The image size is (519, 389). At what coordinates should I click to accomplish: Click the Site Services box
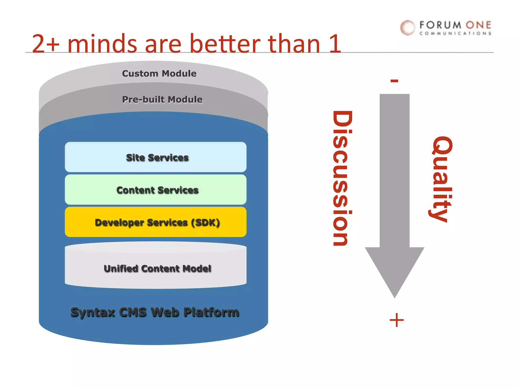click(x=156, y=157)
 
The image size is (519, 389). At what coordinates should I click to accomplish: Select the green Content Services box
click(x=156, y=190)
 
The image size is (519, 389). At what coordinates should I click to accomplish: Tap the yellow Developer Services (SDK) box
click(x=156, y=222)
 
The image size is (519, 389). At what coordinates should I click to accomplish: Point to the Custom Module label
click(x=159, y=73)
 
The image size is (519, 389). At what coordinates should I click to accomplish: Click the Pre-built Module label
click(x=162, y=100)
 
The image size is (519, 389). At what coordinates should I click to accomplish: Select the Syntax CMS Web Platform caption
click(x=155, y=312)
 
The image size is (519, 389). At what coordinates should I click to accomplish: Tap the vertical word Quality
click(x=442, y=179)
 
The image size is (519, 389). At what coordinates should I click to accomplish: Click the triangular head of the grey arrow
click(x=395, y=268)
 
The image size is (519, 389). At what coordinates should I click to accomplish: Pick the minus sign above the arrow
click(x=394, y=81)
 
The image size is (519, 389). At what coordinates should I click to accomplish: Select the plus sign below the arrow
click(x=397, y=320)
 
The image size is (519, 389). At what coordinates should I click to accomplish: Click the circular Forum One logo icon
click(x=407, y=27)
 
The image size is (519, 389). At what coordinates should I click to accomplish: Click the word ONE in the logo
click(x=478, y=25)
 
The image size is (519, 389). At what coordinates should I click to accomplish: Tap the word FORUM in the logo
click(x=440, y=25)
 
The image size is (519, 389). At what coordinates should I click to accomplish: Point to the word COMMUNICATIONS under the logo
click(x=455, y=33)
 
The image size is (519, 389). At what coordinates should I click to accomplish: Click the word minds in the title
click(x=102, y=44)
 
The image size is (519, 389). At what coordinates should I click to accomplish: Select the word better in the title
click(x=225, y=44)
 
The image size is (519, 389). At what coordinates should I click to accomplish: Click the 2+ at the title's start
click(x=46, y=44)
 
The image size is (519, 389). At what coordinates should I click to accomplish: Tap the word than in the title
click(x=294, y=44)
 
